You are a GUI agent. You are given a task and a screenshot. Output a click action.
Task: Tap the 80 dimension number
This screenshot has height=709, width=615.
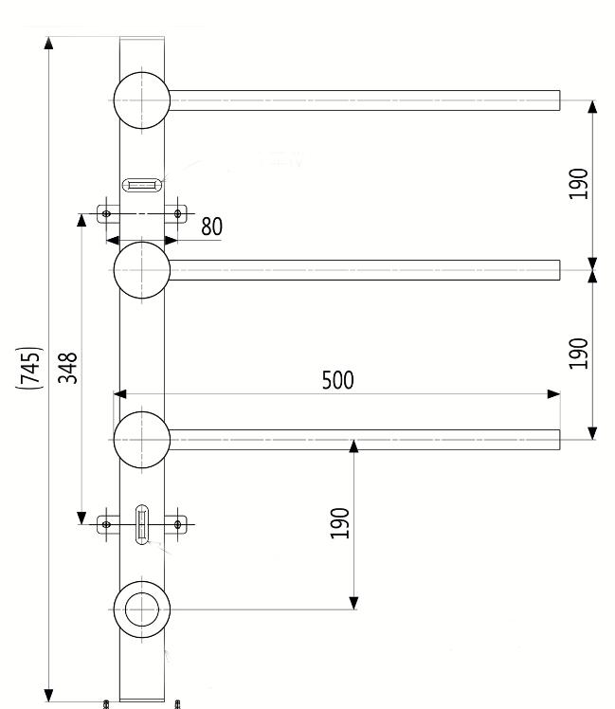click(211, 227)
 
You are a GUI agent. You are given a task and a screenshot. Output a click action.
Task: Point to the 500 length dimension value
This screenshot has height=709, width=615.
click(336, 380)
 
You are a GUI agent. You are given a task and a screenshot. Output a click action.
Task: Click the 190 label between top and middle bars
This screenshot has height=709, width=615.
click(579, 183)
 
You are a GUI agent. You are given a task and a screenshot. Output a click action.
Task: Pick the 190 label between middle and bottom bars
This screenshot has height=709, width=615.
click(579, 352)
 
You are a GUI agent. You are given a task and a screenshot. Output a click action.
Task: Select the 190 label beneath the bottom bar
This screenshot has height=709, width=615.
click(340, 522)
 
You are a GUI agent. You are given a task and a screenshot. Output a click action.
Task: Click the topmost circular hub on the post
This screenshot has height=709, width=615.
click(141, 100)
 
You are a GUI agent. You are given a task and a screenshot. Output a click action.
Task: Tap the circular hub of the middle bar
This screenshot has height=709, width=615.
click(141, 270)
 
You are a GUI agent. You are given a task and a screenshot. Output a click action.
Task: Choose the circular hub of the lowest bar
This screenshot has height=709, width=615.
click(141, 440)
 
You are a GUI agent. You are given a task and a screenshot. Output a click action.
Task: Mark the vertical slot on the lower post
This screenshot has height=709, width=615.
click(142, 524)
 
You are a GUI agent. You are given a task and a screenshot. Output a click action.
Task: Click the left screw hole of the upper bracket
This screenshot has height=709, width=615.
click(106, 213)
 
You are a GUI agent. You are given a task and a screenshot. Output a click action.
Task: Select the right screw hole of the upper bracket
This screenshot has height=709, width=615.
click(177, 213)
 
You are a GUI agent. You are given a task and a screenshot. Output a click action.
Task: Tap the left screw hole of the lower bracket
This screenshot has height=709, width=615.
click(106, 523)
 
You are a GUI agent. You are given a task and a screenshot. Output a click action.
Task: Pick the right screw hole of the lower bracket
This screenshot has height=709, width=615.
click(177, 522)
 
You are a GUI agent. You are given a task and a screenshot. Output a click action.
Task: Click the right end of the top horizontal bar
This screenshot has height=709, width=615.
click(557, 100)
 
